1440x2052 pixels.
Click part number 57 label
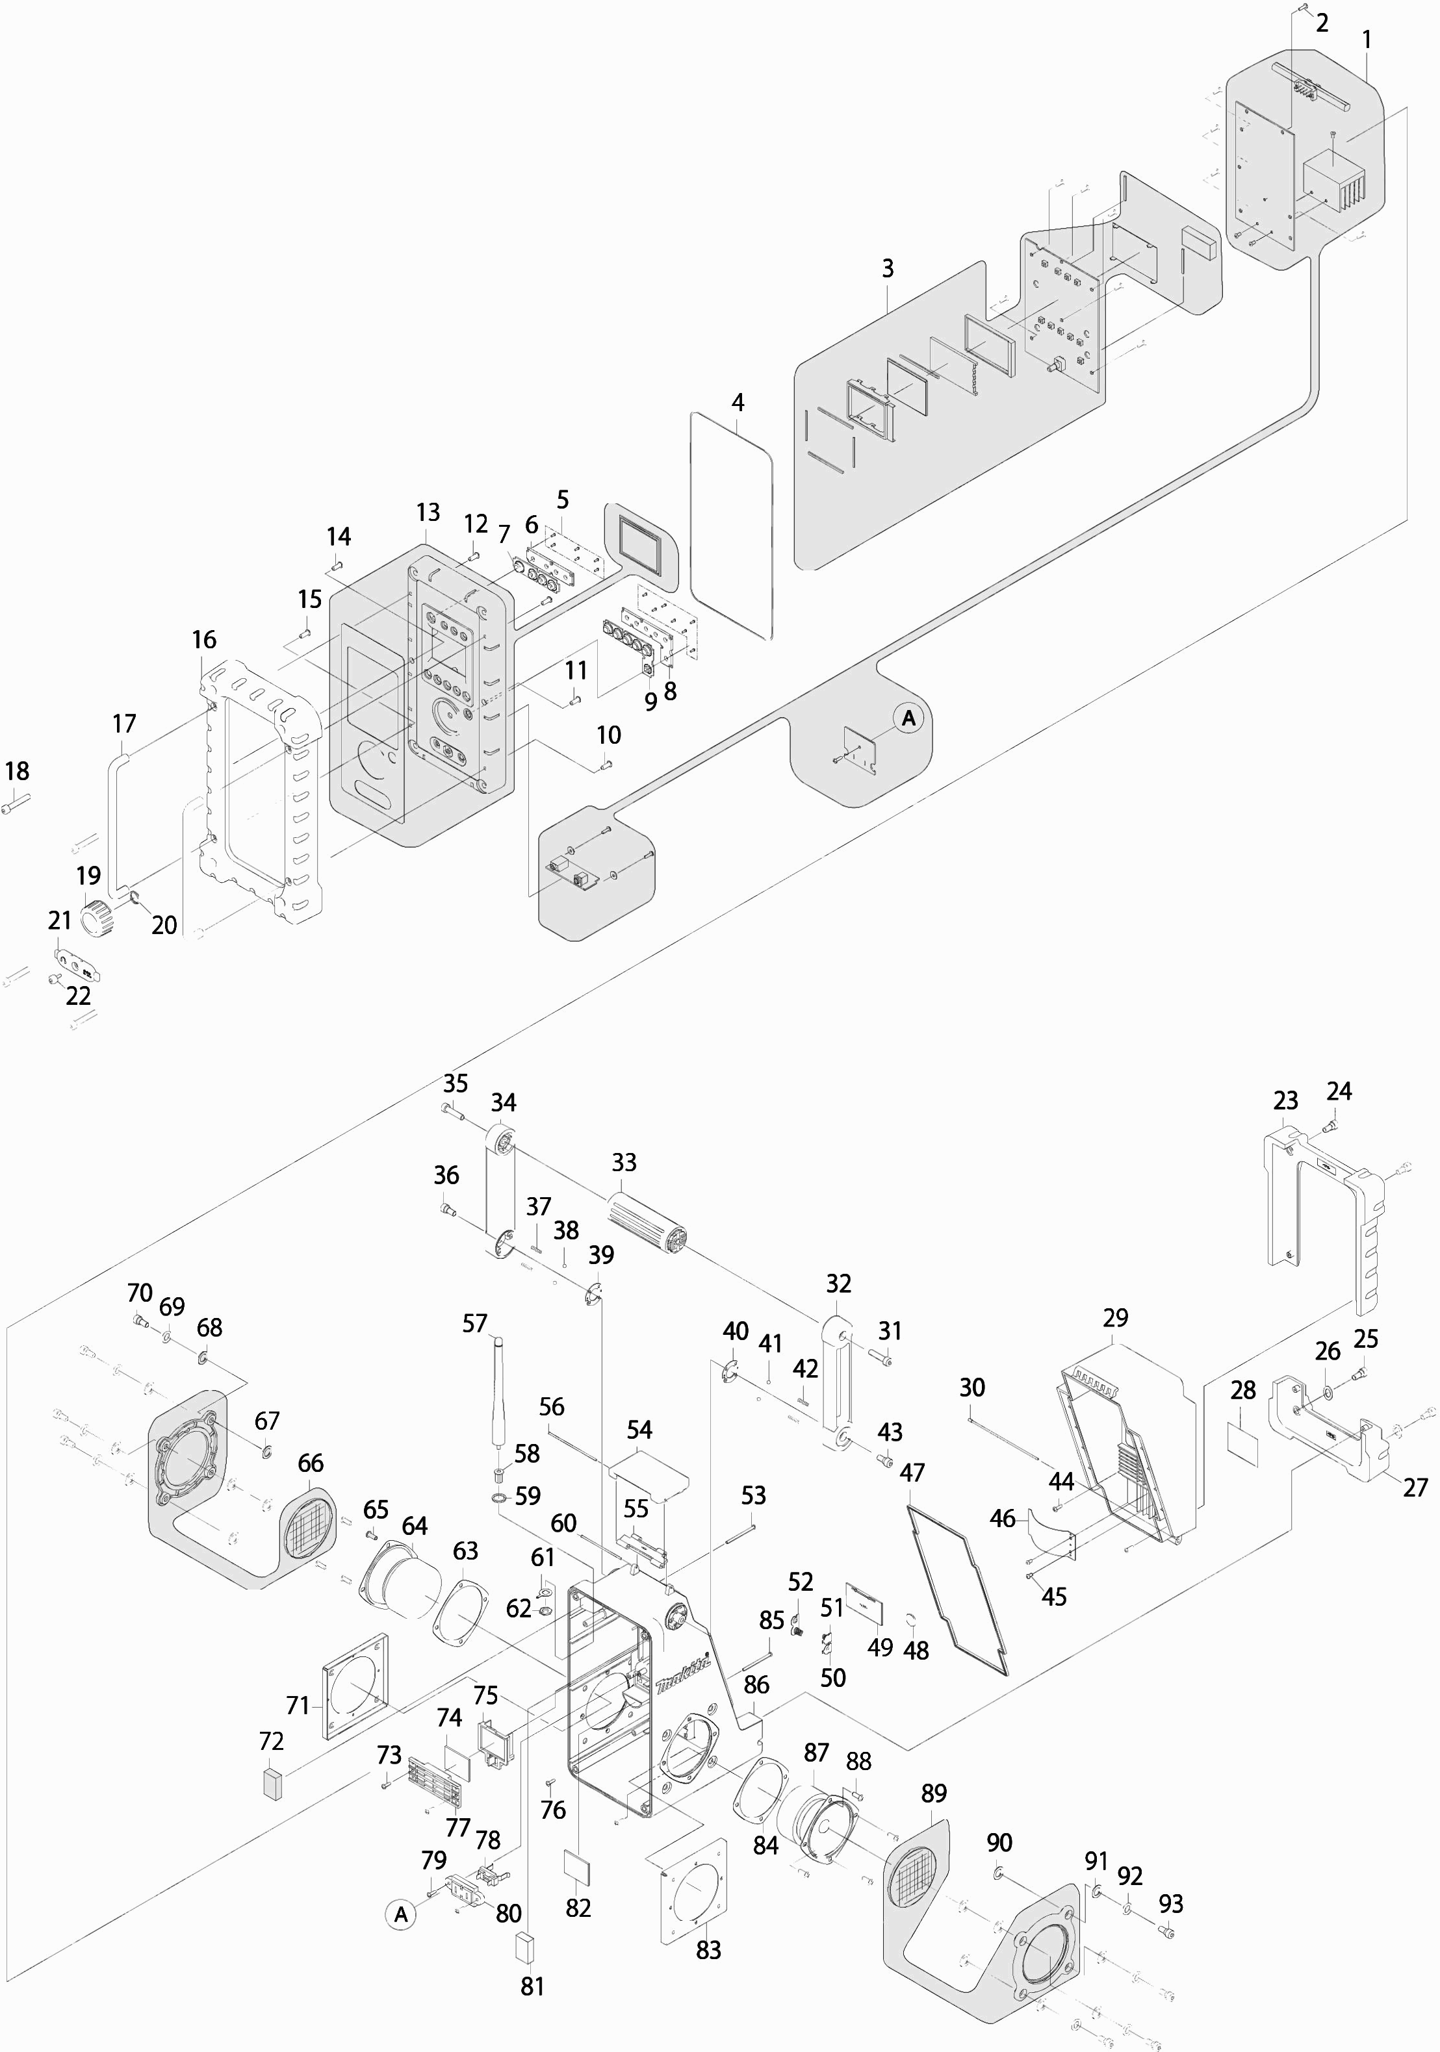[x=474, y=1323]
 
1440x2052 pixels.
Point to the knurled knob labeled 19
[x=96, y=917]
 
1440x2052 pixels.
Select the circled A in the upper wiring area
[x=909, y=718]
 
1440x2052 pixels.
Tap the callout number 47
[x=912, y=1472]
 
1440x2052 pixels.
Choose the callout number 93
[x=1171, y=1904]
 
